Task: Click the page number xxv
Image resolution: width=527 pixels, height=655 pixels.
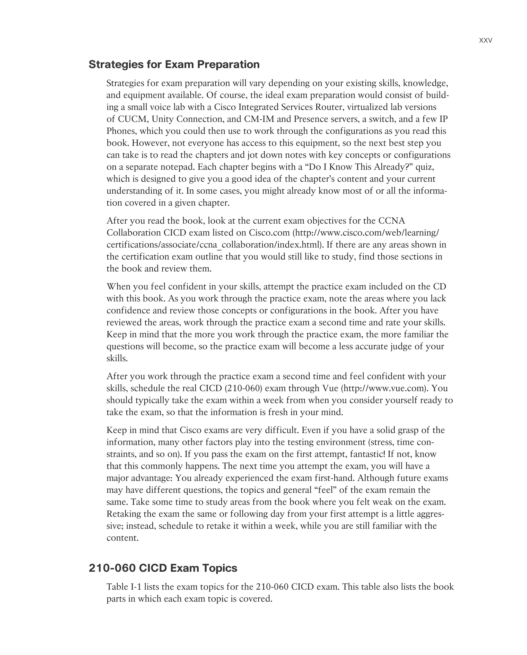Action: tap(485, 40)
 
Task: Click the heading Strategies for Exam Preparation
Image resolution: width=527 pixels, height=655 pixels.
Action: tap(174, 64)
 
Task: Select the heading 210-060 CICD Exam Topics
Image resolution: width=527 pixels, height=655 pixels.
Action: tap(163, 568)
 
